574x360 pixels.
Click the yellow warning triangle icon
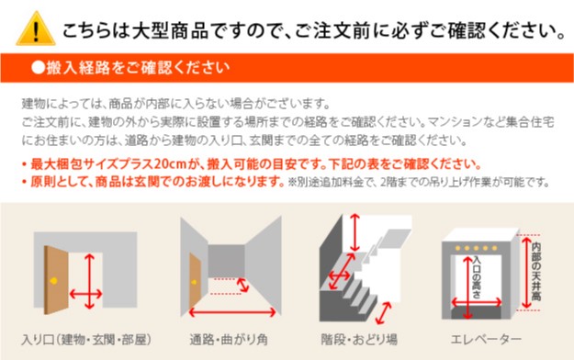click(36, 29)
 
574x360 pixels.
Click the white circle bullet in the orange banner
click(38, 67)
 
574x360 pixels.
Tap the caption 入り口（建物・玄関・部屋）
click(86, 340)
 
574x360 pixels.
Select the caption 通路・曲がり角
click(229, 340)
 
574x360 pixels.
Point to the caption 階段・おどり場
click(359, 340)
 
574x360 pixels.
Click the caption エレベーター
click(486, 340)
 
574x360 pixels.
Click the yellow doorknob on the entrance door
click(54, 281)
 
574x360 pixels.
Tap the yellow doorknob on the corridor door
click(194, 282)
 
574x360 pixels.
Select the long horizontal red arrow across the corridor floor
click(232, 312)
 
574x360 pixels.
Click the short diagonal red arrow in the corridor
click(242, 286)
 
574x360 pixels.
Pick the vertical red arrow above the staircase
click(355, 232)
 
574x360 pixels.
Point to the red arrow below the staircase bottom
click(383, 313)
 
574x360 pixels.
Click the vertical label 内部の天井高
click(536, 271)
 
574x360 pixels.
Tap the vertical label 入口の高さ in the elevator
click(477, 277)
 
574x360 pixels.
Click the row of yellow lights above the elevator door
click(476, 248)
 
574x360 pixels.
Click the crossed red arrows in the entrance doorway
click(86, 282)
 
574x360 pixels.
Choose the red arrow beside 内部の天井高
click(526, 273)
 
